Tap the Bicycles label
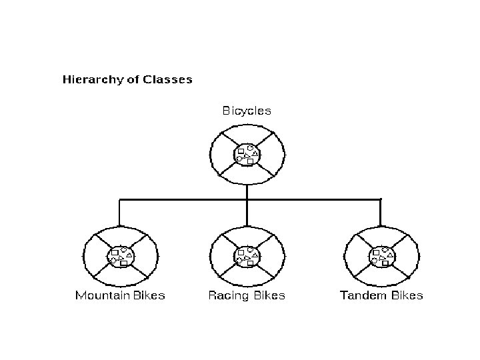[247, 111]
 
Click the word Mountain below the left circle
[101, 295]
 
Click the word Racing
[227, 295]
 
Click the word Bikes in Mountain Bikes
[149, 295]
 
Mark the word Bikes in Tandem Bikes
[406, 295]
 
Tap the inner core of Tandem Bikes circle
[381, 255]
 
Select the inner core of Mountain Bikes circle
[121, 255]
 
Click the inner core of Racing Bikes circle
[247, 255]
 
